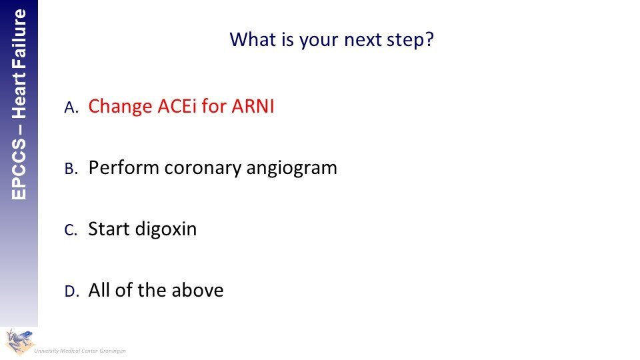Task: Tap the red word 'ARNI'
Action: pyautogui.click(x=253, y=106)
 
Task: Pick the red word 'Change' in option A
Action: pyautogui.click(x=121, y=107)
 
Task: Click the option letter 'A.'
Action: pyautogui.click(x=71, y=107)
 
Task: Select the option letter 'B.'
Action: pyautogui.click(x=71, y=169)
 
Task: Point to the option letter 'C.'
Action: pyautogui.click(x=71, y=230)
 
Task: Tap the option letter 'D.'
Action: pyautogui.click(x=71, y=291)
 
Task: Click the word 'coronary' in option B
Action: pyautogui.click(x=203, y=169)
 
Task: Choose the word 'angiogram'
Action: pyautogui.click(x=291, y=169)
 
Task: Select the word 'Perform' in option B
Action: pyautogui.click(x=124, y=168)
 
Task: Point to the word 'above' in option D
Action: pyautogui.click(x=197, y=290)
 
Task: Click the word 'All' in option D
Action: pyautogui.click(x=99, y=290)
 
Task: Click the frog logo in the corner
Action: pyautogui.click(x=19, y=341)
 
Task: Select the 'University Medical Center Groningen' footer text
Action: pyautogui.click(x=80, y=351)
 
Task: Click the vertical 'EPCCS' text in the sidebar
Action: pyautogui.click(x=19, y=169)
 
